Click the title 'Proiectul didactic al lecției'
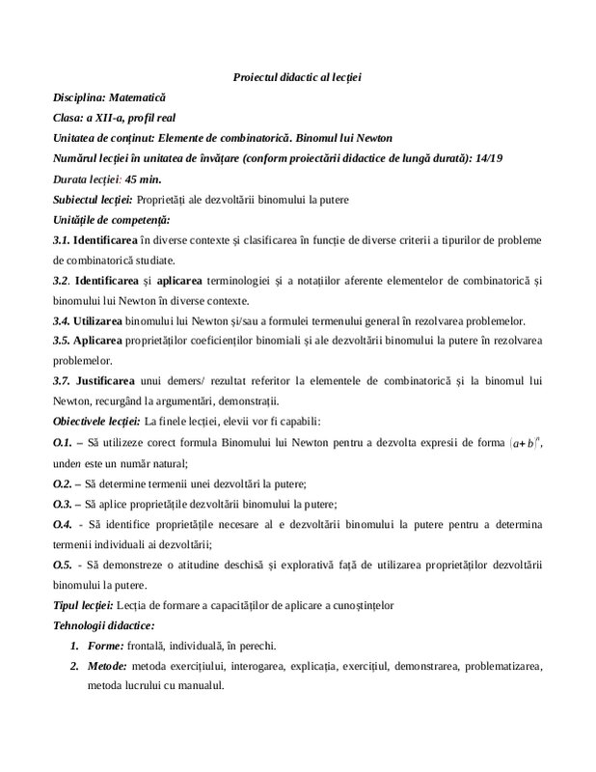[297, 76]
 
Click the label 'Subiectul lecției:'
[93, 200]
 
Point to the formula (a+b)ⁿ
[521, 442]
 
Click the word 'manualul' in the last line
[200, 686]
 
